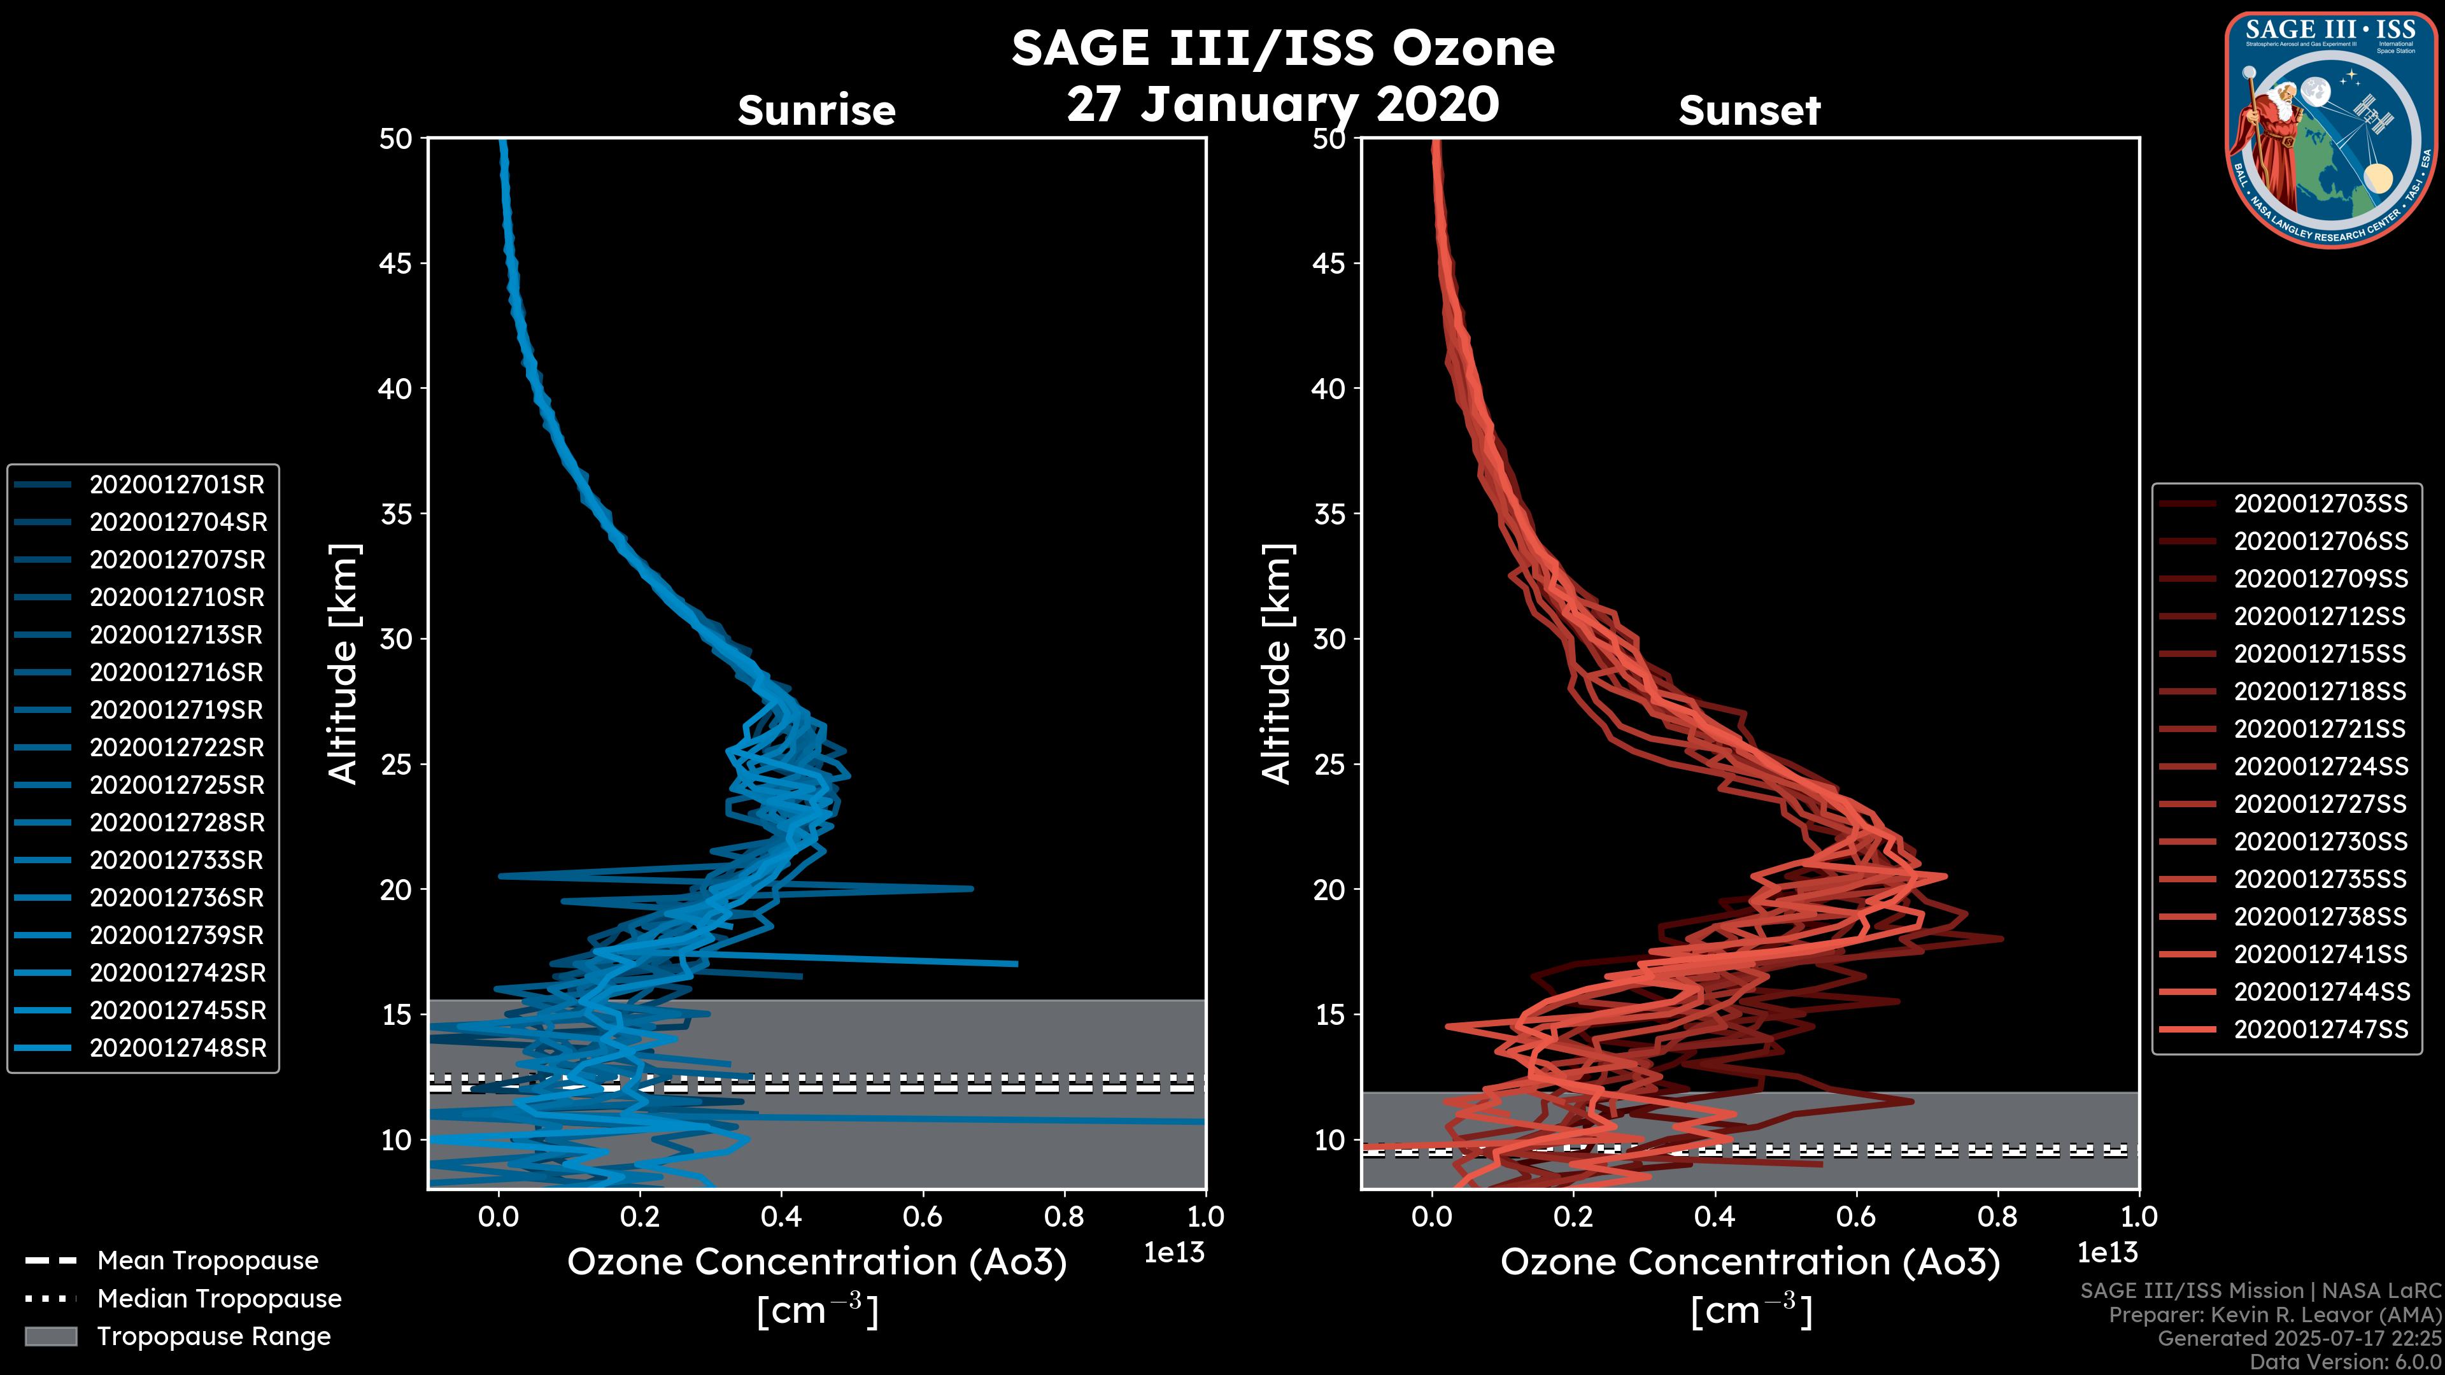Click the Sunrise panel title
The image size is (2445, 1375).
pos(816,111)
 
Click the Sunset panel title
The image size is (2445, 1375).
pos(1749,111)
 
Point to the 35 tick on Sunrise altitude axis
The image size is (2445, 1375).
pos(397,514)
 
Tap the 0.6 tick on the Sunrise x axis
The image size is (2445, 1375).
pos(923,1216)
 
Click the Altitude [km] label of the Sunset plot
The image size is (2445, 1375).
pos(1277,664)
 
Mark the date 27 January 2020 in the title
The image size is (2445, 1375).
pos(1282,104)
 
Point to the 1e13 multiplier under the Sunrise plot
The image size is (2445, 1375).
pos(1174,1253)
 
